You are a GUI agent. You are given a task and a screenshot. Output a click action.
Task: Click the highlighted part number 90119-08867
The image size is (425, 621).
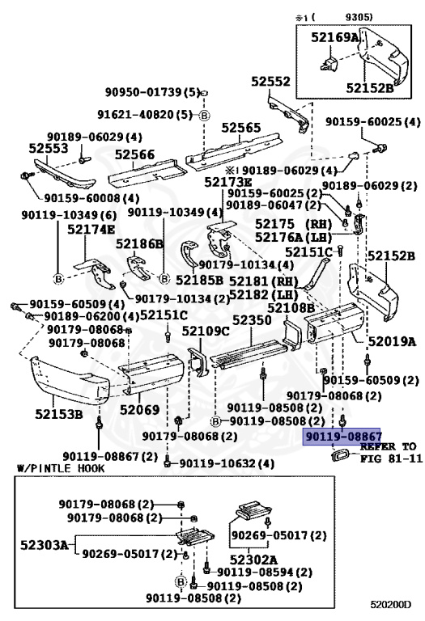(343, 436)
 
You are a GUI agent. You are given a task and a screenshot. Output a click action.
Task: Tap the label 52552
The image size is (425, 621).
(270, 82)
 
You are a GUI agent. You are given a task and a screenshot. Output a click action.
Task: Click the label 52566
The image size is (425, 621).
(134, 154)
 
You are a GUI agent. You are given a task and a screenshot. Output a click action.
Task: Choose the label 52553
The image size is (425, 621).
(49, 149)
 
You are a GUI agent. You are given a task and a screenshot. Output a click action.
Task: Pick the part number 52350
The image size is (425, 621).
(252, 320)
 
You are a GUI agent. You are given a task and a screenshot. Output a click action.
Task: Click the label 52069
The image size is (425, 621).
(140, 410)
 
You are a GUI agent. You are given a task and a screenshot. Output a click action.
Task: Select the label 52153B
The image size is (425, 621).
(58, 415)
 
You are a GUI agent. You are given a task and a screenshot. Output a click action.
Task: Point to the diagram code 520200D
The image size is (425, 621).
(392, 603)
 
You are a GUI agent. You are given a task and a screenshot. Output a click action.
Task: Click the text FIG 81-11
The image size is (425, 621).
(391, 458)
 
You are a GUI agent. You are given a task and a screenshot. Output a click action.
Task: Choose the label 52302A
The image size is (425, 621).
(253, 559)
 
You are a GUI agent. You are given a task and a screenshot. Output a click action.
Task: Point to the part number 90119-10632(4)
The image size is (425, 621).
(215, 463)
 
